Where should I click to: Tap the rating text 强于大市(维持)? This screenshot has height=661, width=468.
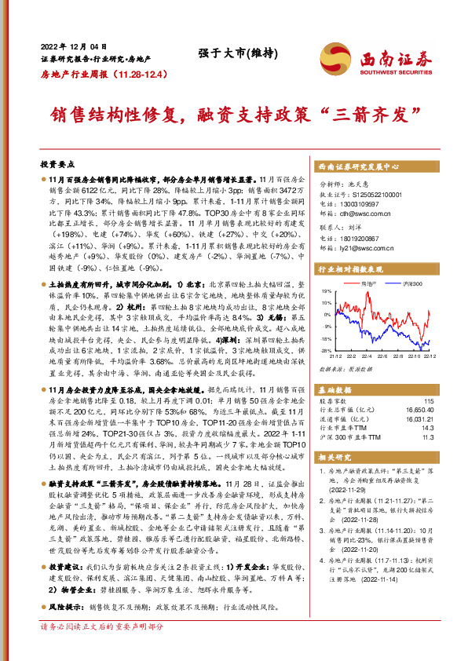227,53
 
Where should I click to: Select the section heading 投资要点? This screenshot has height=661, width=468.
57,164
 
